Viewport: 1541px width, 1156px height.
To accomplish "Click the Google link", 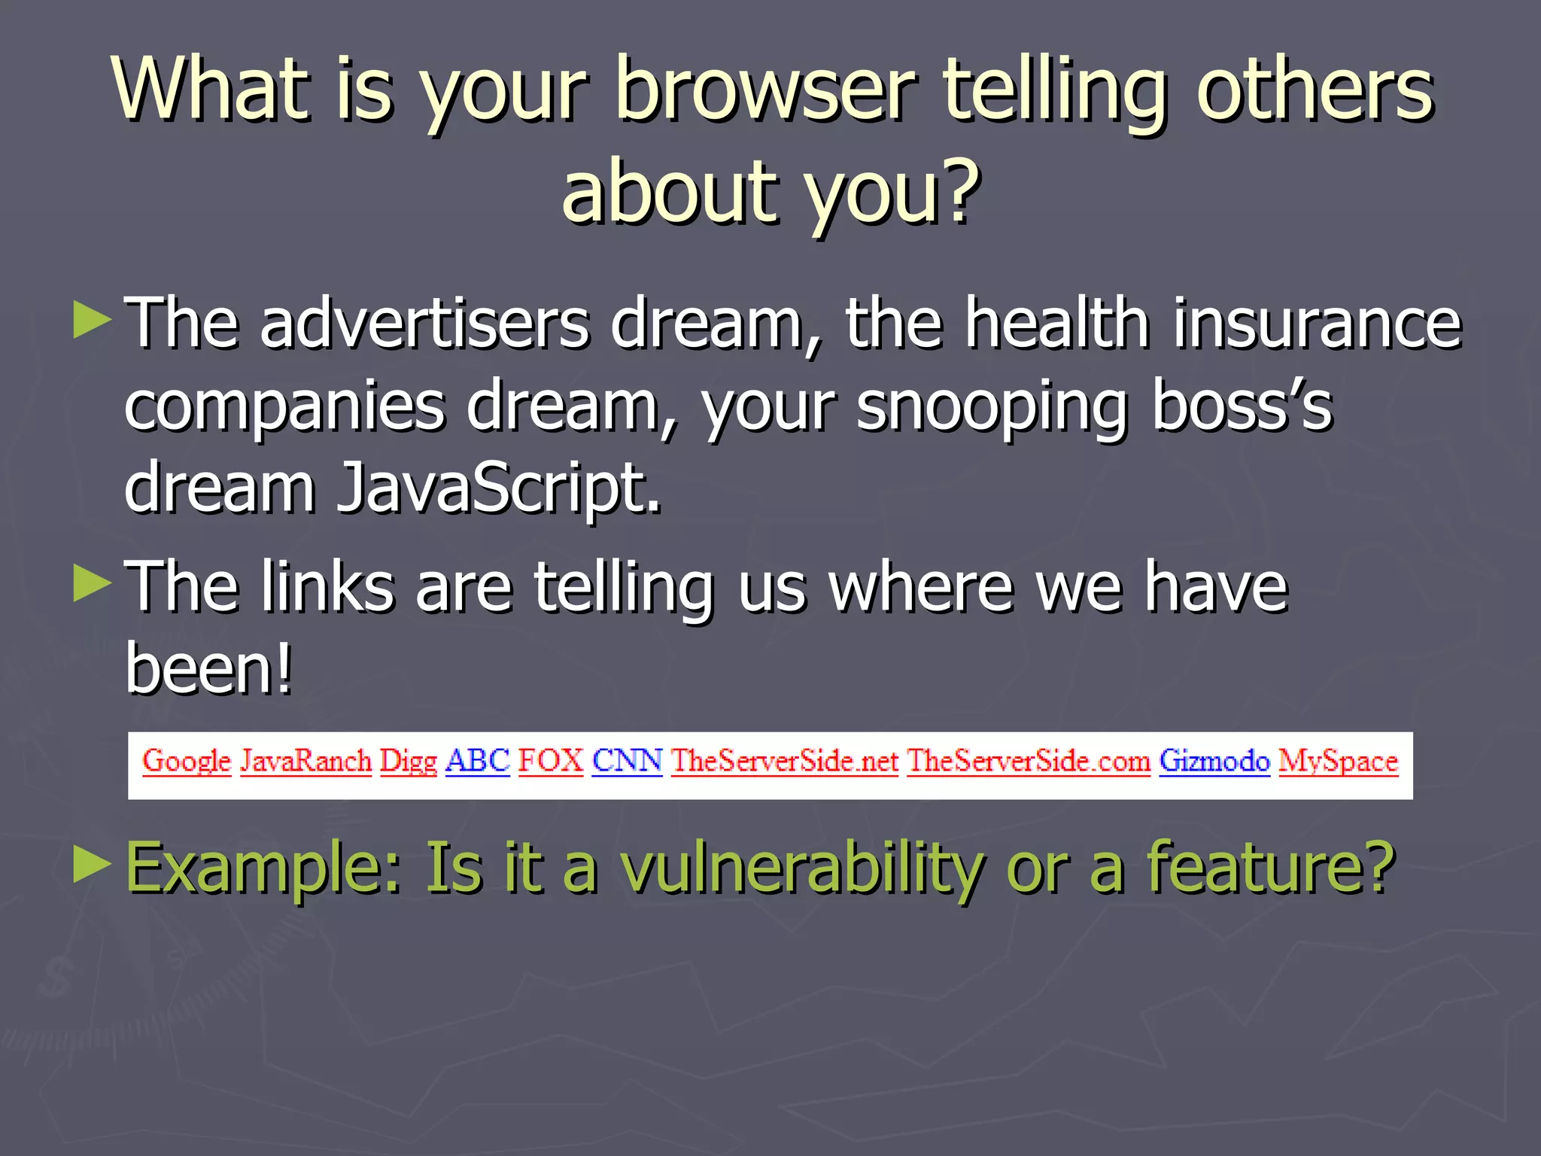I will point(186,762).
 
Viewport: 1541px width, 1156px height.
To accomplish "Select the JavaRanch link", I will point(305,762).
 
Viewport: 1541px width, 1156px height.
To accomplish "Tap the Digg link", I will point(408,762).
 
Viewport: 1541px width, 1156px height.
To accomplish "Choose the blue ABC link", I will point(478,761).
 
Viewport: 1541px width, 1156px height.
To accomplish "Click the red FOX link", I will point(551,761).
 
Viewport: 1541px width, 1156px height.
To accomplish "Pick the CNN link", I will point(627,761).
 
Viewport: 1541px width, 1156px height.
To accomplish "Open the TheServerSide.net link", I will point(785,762).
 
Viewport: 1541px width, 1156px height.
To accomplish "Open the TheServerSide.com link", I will point(1029,762).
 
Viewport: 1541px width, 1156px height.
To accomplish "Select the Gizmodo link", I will point(1214,762).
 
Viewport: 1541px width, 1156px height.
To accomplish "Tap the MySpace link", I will point(1339,762).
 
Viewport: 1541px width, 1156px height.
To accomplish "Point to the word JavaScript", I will point(498,488).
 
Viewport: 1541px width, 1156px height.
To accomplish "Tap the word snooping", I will point(991,406).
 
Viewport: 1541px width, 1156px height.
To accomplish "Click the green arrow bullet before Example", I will point(93,865).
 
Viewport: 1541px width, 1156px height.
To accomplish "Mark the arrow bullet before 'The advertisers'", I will point(93,320).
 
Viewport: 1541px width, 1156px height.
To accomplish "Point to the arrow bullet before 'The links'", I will point(93,584).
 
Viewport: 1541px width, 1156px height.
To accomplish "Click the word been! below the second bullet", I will point(208,668).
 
